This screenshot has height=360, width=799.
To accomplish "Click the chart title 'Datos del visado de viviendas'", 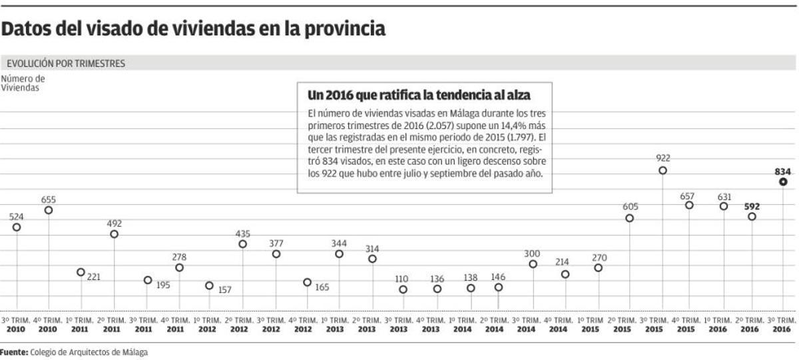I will point(194,29).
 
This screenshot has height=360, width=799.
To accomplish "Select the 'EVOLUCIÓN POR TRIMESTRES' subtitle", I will point(66,63).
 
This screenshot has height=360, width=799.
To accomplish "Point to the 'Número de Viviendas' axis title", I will point(23,83).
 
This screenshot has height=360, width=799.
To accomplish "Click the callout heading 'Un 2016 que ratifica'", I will point(419,94).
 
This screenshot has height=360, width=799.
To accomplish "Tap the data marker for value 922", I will point(663,170).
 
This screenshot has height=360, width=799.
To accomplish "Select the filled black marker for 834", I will point(784,181).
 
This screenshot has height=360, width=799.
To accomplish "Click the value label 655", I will point(48,199).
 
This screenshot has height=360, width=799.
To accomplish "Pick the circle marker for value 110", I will point(403,289).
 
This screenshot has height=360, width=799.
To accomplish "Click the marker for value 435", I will point(242,244).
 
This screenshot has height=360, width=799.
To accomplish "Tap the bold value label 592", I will point(752,206).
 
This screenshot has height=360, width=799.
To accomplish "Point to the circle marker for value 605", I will point(629,218).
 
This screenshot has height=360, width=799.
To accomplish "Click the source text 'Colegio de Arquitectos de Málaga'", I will point(89,353).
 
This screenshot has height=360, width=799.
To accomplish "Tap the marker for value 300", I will point(533,264).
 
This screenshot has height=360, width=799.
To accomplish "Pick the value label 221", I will point(93,276).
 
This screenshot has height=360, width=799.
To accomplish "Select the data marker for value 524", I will point(17,227).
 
